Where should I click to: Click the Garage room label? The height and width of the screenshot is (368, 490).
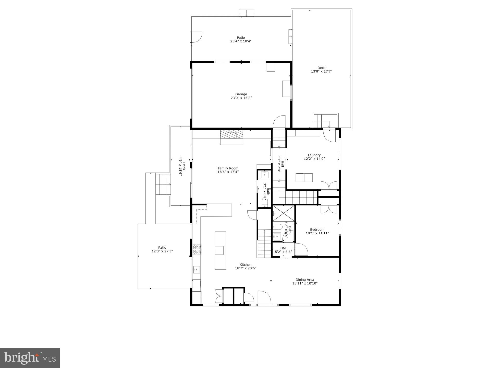pyautogui.click(x=241, y=94)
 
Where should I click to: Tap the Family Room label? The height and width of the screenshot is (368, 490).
pyautogui.click(x=228, y=168)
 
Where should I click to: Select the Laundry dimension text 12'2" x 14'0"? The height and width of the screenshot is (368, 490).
pyautogui.click(x=314, y=159)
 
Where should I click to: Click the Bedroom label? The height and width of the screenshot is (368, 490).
pyautogui.click(x=317, y=229)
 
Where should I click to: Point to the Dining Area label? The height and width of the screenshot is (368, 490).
pyautogui.click(x=305, y=280)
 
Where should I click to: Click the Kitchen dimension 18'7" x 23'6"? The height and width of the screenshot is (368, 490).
pyautogui.click(x=246, y=268)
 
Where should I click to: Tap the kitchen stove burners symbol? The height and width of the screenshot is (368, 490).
pyautogui.click(x=197, y=249)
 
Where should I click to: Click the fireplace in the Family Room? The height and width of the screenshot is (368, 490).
pyautogui.click(x=232, y=135)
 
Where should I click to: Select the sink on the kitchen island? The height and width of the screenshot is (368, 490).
pyautogui.click(x=219, y=250)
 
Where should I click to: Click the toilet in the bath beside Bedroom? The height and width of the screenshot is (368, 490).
pyautogui.click(x=277, y=227)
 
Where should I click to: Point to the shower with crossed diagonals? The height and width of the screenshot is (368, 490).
pyautogui.click(x=283, y=213)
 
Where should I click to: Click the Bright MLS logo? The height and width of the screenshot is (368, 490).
pyautogui.click(x=30, y=358)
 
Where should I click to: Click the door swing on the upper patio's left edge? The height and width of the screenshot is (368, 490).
pyautogui.click(x=196, y=37)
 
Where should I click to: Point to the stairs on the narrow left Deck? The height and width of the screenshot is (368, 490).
pyautogui.click(x=163, y=184)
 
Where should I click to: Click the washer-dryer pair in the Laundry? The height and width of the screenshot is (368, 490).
pyautogui.click(x=304, y=178)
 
